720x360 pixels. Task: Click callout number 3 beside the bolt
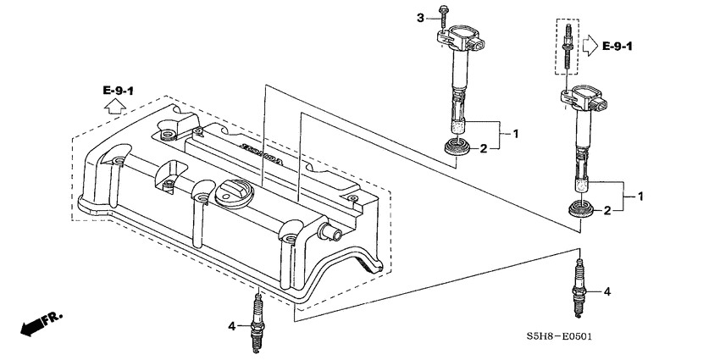tap(418, 17)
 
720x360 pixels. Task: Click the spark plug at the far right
tap(579, 289)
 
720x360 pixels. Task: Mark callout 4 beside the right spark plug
tap(606, 291)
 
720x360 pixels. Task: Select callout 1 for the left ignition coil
tap(514, 134)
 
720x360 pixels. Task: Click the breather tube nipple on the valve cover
tap(327, 230)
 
